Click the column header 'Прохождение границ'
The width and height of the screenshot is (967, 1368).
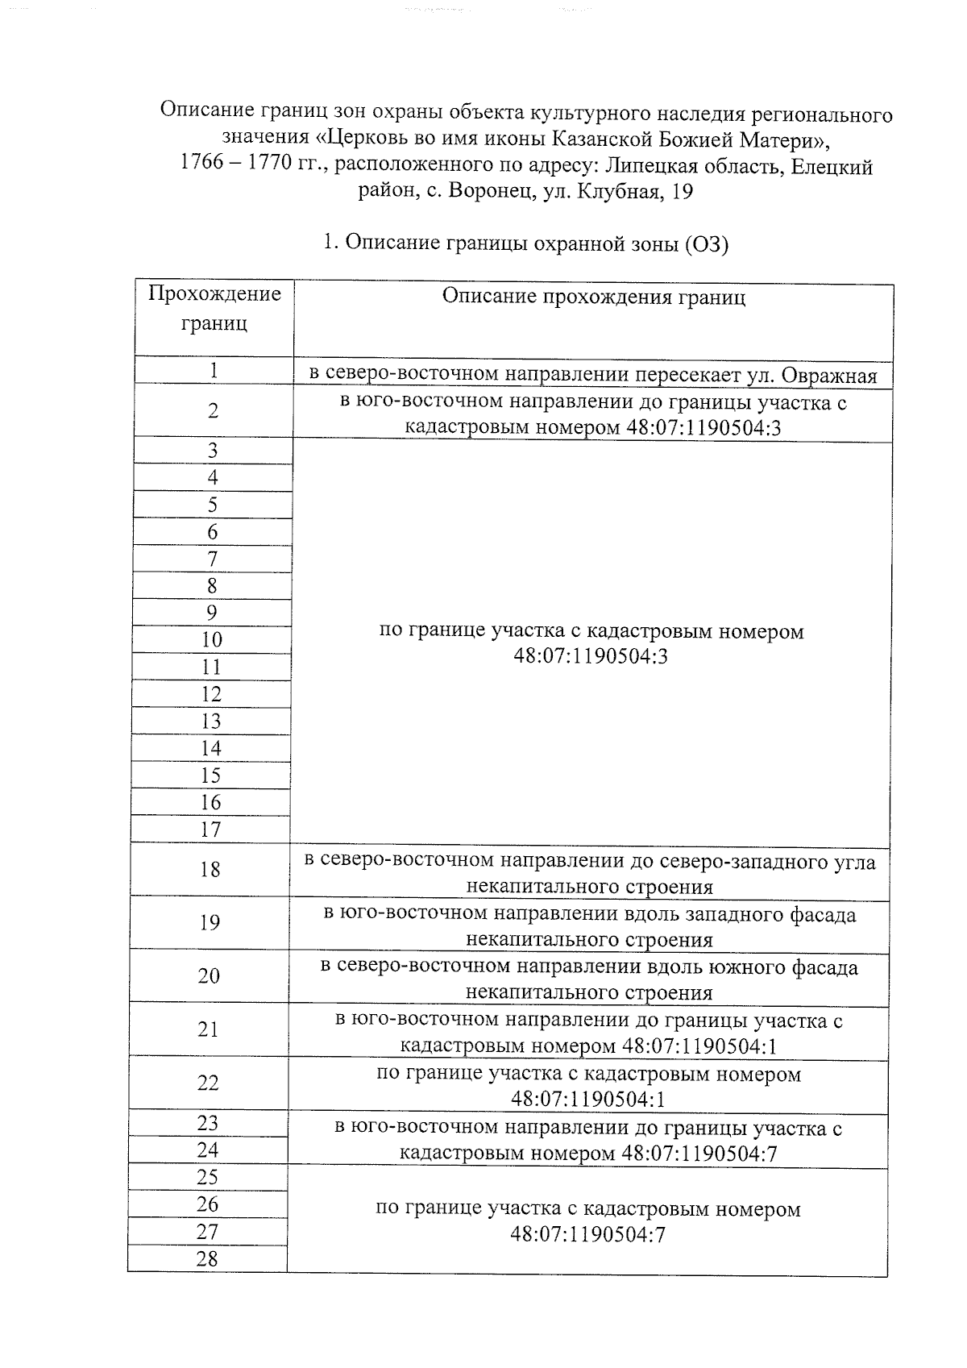214,308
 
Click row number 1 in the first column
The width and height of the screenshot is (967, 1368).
214,370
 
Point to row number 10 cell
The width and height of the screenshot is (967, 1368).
212,640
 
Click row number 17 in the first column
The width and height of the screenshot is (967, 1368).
210,829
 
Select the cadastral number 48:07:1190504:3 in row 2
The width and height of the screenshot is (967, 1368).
703,427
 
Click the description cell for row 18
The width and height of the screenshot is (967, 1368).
589,873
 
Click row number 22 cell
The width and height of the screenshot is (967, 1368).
208,1083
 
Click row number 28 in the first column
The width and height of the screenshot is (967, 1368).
207,1258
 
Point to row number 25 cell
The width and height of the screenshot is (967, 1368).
207,1177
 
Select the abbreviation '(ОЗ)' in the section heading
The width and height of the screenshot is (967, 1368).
706,243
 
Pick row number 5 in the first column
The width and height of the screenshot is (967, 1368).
213,505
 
